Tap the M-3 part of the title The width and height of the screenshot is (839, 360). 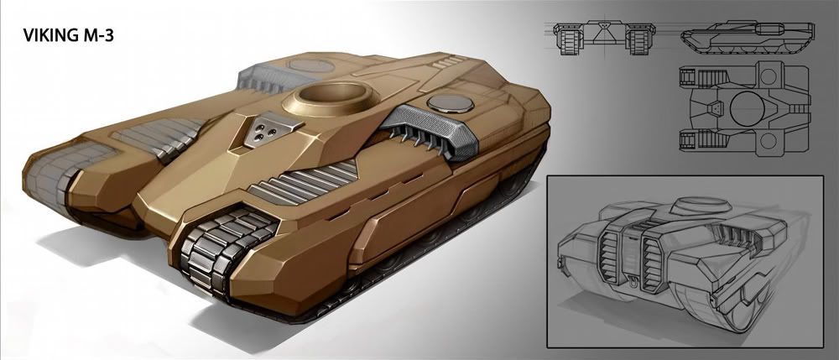(x=98, y=36)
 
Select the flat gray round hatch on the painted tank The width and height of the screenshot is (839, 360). (x=451, y=104)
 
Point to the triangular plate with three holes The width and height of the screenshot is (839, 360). (x=266, y=130)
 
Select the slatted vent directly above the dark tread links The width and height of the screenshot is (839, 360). (x=302, y=183)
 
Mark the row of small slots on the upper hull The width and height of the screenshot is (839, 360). (x=449, y=64)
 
